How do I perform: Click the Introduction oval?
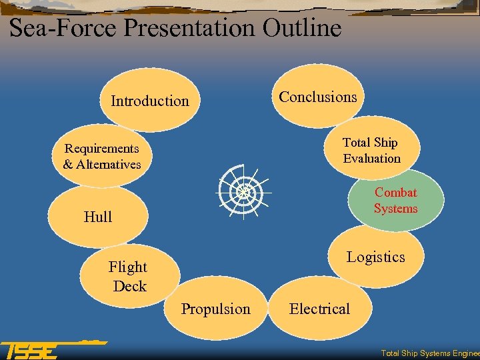149,101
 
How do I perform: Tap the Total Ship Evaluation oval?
371,150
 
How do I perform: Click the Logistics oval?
376,257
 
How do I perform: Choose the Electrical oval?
319,309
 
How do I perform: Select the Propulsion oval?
216,309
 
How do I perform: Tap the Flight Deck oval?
129,276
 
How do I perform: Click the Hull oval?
98,217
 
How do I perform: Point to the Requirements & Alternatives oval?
102,156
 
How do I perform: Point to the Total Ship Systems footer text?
429,353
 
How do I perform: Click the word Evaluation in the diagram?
372,159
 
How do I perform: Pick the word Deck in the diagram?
129,286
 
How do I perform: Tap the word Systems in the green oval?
396,209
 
